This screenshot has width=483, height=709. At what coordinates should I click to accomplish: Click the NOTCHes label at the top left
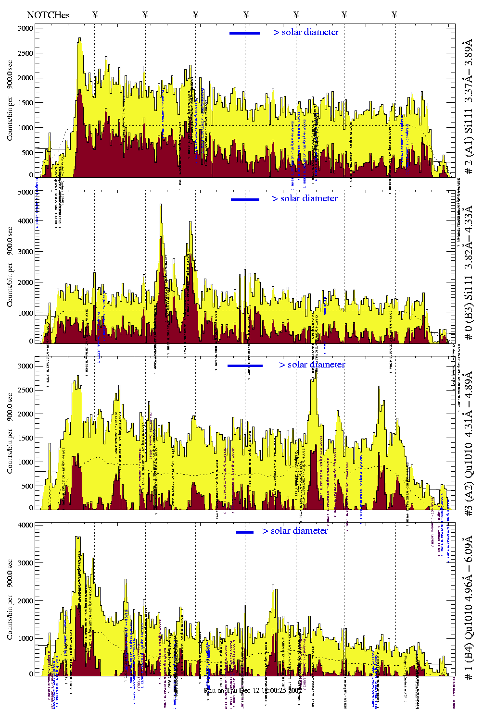[x=48, y=15]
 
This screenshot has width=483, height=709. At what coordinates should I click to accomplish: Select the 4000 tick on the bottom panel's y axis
[x=26, y=525]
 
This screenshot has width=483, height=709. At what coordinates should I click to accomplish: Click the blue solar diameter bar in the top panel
[x=245, y=33]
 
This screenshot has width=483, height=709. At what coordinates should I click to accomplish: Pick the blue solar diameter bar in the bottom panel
[x=245, y=532]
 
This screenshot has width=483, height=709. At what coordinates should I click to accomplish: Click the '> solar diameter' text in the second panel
[x=305, y=198]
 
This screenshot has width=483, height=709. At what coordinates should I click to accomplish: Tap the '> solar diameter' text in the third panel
[x=312, y=365]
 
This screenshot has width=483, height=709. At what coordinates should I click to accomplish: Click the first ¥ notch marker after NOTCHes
[x=95, y=15]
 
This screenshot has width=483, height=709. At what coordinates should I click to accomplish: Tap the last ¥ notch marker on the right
[x=394, y=15]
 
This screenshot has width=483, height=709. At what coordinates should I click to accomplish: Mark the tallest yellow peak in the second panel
[x=161, y=206]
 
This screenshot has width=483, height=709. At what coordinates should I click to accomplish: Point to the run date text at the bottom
[x=253, y=690]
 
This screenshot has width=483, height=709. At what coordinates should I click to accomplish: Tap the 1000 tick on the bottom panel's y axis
[x=26, y=638]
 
